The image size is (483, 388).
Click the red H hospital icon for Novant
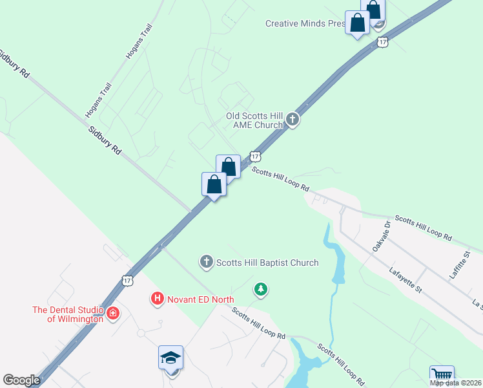pyautogui.click(x=157, y=299)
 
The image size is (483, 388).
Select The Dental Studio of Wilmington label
pyautogui.click(x=68, y=314)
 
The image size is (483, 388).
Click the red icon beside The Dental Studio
pyautogui.click(x=114, y=314)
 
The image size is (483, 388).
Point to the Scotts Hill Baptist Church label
pyautogui.click(x=267, y=263)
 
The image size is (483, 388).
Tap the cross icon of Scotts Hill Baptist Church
pyautogui.click(x=206, y=262)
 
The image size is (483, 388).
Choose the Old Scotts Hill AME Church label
pyautogui.click(x=254, y=120)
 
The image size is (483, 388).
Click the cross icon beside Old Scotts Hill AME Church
pyautogui.click(x=293, y=120)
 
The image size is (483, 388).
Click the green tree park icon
pyautogui.click(x=260, y=290)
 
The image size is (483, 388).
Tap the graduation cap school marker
pyautogui.click(x=171, y=358)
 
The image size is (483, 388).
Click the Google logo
pyautogui.click(x=21, y=380)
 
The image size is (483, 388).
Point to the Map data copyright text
pyautogui.click(x=456, y=383)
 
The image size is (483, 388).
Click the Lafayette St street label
pyautogui.click(x=406, y=280)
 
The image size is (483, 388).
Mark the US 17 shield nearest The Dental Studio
pyautogui.click(x=127, y=279)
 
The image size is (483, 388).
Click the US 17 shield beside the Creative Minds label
pyautogui.click(x=383, y=42)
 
